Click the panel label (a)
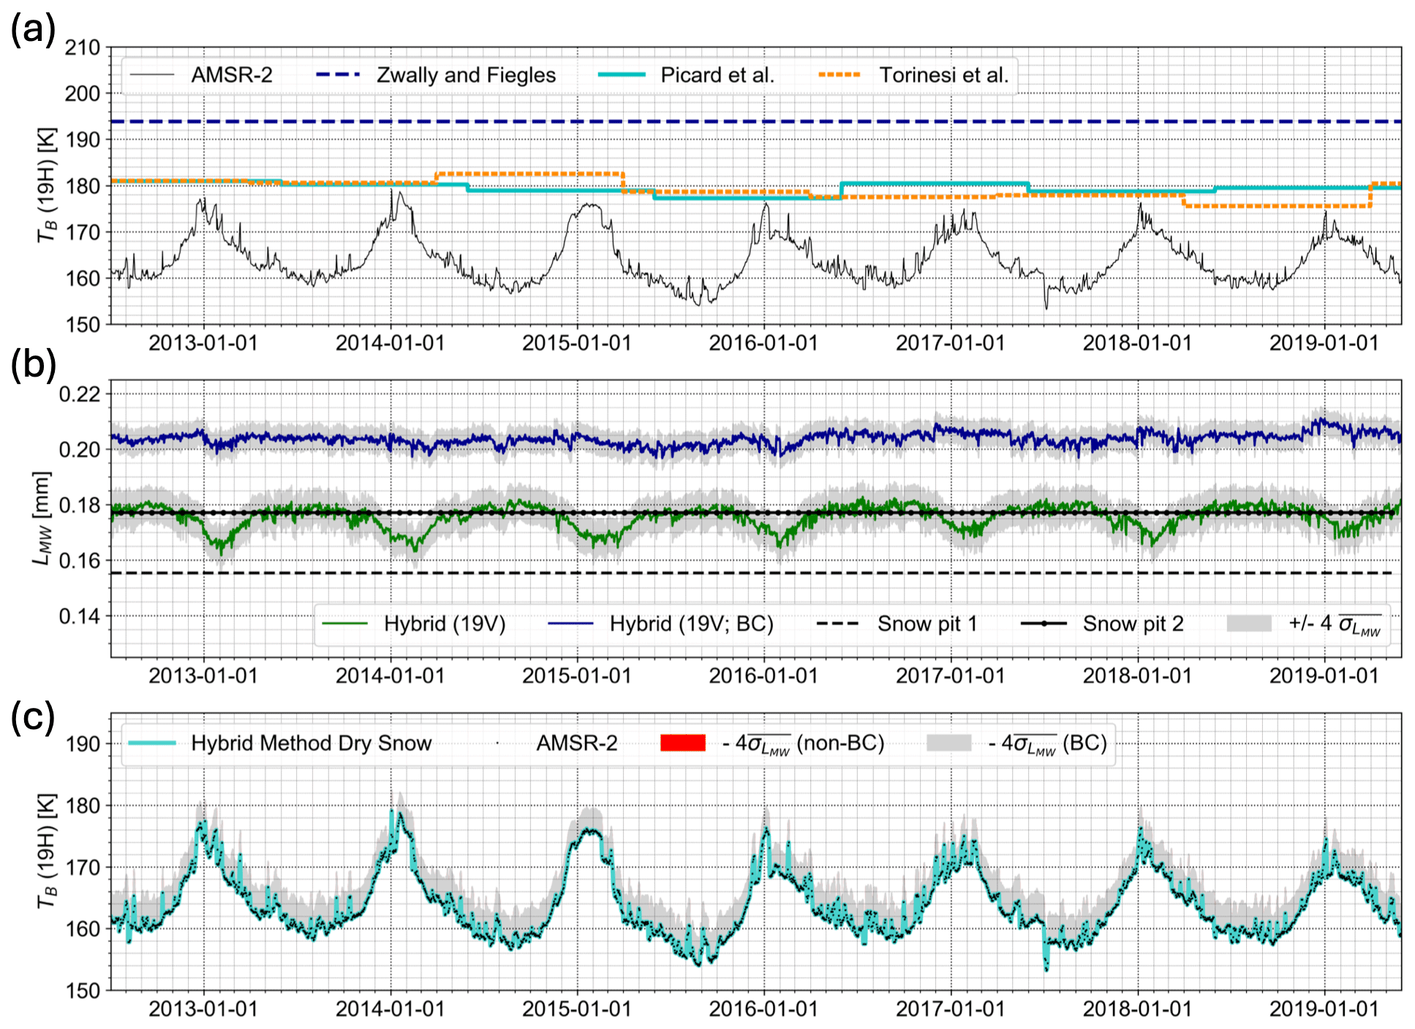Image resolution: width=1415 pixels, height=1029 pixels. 33,31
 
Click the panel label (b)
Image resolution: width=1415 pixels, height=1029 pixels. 33,363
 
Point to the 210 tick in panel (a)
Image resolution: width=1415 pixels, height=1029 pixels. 83,48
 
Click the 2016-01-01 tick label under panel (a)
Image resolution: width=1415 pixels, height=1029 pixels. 763,343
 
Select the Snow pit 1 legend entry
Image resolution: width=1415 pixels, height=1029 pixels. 897,624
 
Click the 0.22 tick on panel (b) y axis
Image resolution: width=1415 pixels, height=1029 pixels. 80,394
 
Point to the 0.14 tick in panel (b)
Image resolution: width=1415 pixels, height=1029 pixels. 80,617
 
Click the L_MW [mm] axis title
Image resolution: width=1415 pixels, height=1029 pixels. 43,519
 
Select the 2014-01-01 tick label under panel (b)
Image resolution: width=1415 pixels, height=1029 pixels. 390,676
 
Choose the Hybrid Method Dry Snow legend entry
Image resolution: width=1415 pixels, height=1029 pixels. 280,743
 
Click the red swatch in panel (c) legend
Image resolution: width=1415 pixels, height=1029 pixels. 683,743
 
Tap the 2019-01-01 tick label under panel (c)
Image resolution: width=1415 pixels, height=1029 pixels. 1324,1009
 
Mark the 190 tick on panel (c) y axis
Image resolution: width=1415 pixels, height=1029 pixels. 83,744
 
